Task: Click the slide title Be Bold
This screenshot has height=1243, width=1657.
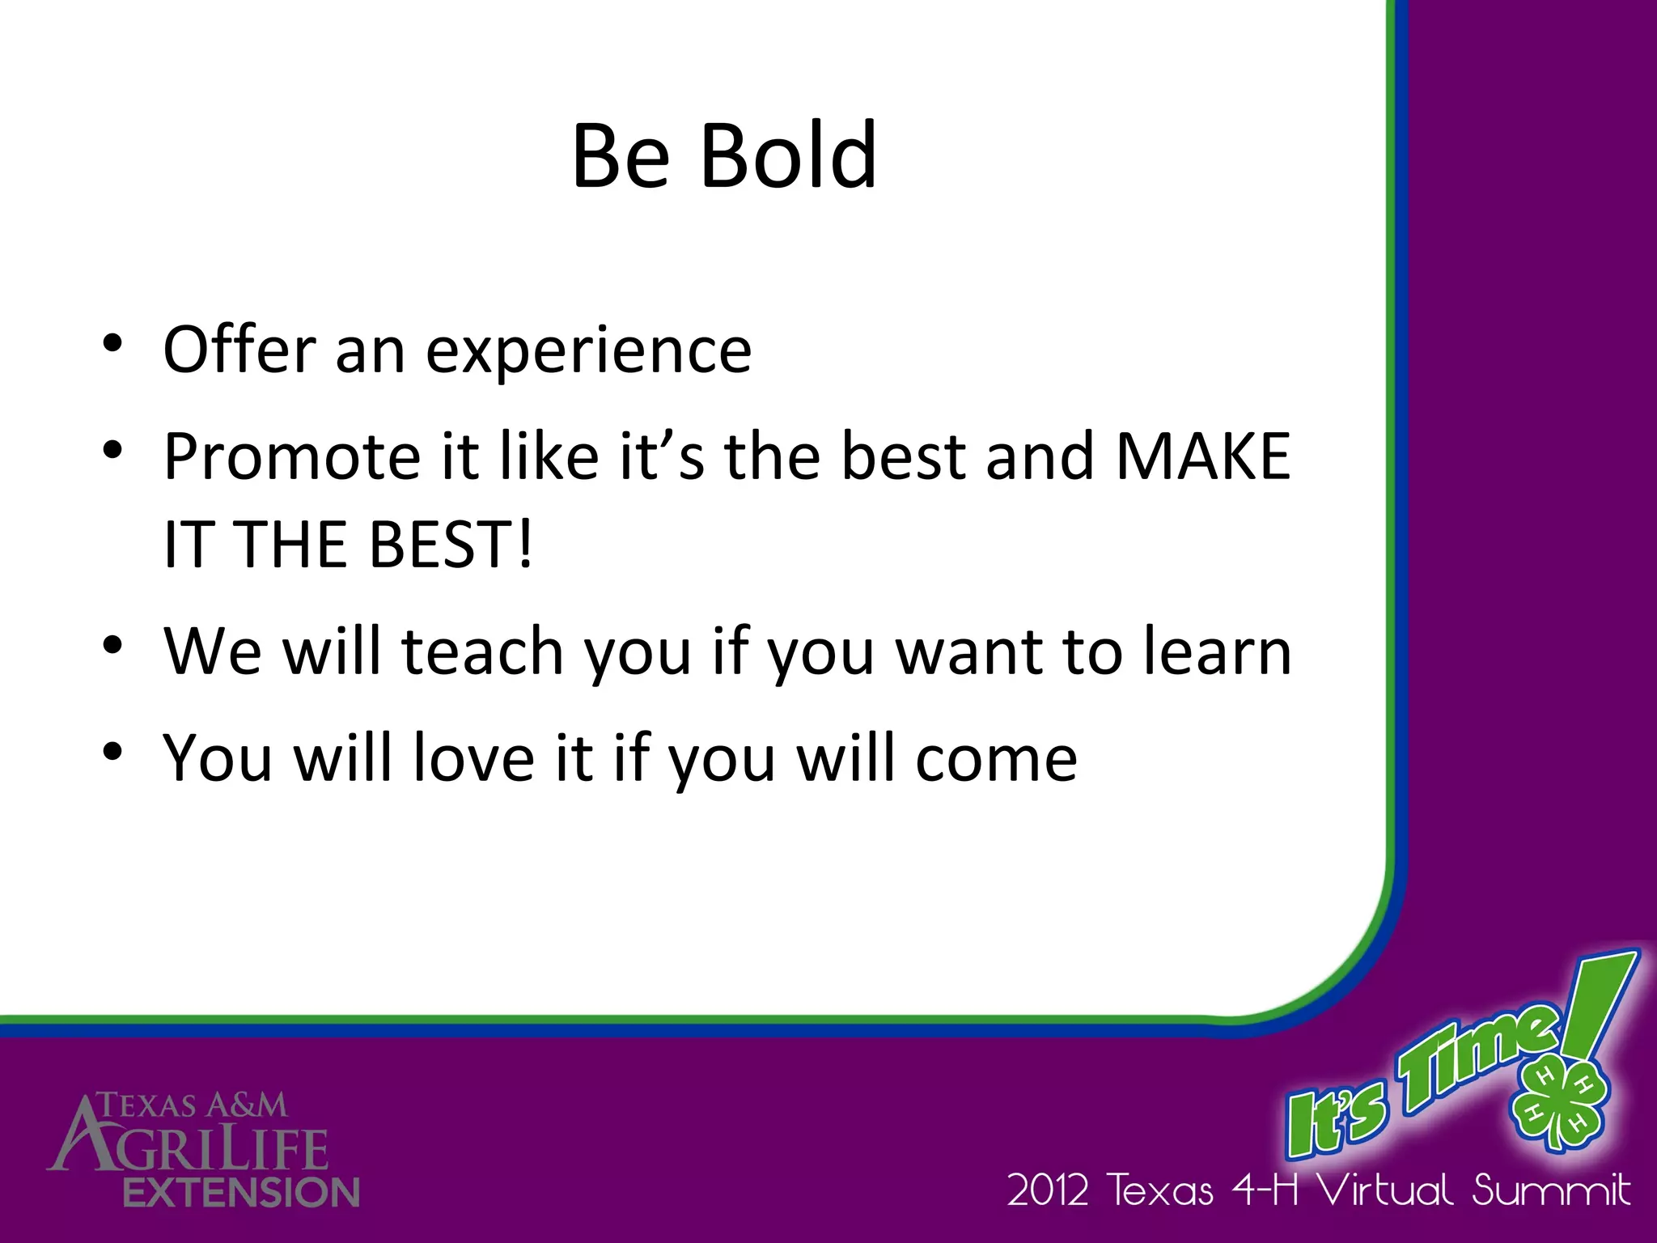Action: (x=724, y=155)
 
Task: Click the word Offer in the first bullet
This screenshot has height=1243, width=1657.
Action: (x=239, y=350)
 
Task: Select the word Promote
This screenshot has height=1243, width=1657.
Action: (x=291, y=456)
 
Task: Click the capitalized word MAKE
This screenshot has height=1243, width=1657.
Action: (x=1202, y=456)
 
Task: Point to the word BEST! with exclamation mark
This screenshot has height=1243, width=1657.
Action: (x=450, y=544)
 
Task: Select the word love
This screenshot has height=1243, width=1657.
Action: (x=473, y=758)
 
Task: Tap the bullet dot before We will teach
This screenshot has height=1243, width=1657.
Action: (x=112, y=644)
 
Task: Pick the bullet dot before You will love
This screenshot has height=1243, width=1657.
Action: (x=112, y=752)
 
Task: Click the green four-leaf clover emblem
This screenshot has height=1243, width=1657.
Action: (x=1557, y=1101)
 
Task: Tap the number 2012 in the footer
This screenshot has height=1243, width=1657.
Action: (x=1047, y=1190)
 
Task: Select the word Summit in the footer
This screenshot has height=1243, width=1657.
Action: (x=1550, y=1190)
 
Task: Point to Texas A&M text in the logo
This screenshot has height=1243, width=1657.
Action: (x=193, y=1105)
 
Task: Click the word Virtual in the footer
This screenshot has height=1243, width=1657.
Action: (x=1384, y=1190)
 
